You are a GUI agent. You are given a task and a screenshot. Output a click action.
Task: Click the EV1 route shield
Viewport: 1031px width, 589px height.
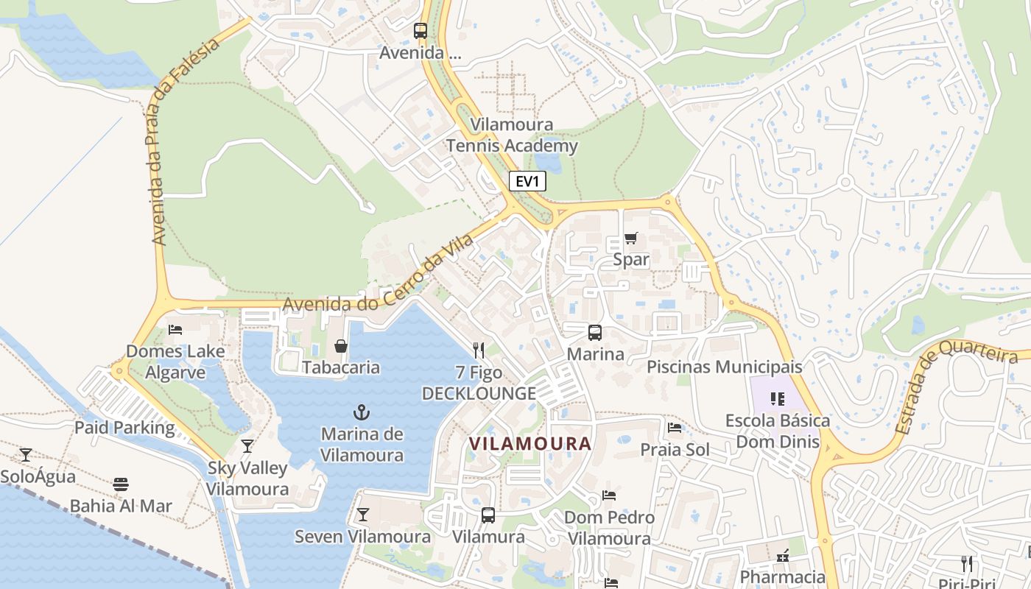pyautogui.click(x=527, y=181)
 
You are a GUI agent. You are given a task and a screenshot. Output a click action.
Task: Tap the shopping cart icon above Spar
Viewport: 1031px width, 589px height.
pyautogui.click(x=630, y=238)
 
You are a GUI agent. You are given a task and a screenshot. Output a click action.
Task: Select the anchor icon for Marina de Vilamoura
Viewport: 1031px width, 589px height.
pyautogui.click(x=362, y=412)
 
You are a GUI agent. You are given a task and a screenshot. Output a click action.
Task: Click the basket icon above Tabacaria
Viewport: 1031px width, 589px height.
pyautogui.click(x=341, y=345)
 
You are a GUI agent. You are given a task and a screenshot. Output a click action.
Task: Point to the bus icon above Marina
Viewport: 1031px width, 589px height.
pyautogui.click(x=594, y=332)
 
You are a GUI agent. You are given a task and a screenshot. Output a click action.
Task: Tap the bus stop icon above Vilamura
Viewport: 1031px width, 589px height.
pyautogui.click(x=488, y=515)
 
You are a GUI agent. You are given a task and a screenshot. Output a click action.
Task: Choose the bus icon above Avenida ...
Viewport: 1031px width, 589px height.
pyautogui.click(x=420, y=31)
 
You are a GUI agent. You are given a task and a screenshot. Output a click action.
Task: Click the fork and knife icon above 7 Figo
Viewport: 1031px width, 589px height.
pyautogui.click(x=479, y=349)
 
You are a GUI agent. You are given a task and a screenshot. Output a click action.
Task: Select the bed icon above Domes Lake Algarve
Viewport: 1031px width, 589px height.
pyautogui.click(x=175, y=329)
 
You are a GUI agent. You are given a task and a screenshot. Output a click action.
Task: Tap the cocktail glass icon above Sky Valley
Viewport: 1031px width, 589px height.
pyautogui.click(x=247, y=446)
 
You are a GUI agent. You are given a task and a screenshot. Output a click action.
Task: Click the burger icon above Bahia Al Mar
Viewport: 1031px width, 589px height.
pyautogui.click(x=121, y=484)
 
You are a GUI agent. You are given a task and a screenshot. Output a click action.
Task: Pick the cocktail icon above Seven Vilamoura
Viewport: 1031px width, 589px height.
pyautogui.click(x=362, y=514)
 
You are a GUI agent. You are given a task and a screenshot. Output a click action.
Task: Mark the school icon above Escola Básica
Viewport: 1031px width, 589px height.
pyautogui.click(x=777, y=399)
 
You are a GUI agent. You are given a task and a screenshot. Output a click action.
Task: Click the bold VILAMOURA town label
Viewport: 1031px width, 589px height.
pyautogui.click(x=530, y=444)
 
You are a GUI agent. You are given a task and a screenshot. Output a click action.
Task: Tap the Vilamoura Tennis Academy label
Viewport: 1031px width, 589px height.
pyautogui.click(x=512, y=135)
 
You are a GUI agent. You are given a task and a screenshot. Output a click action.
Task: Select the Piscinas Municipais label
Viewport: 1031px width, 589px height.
pyautogui.click(x=724, y=367)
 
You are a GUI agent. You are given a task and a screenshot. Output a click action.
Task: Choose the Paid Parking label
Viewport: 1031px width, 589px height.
pyautogui.click(x=124, y=428)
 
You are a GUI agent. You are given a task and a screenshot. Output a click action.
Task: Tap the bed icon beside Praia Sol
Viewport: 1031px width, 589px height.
pyautogui.click(x=674, y=428)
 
